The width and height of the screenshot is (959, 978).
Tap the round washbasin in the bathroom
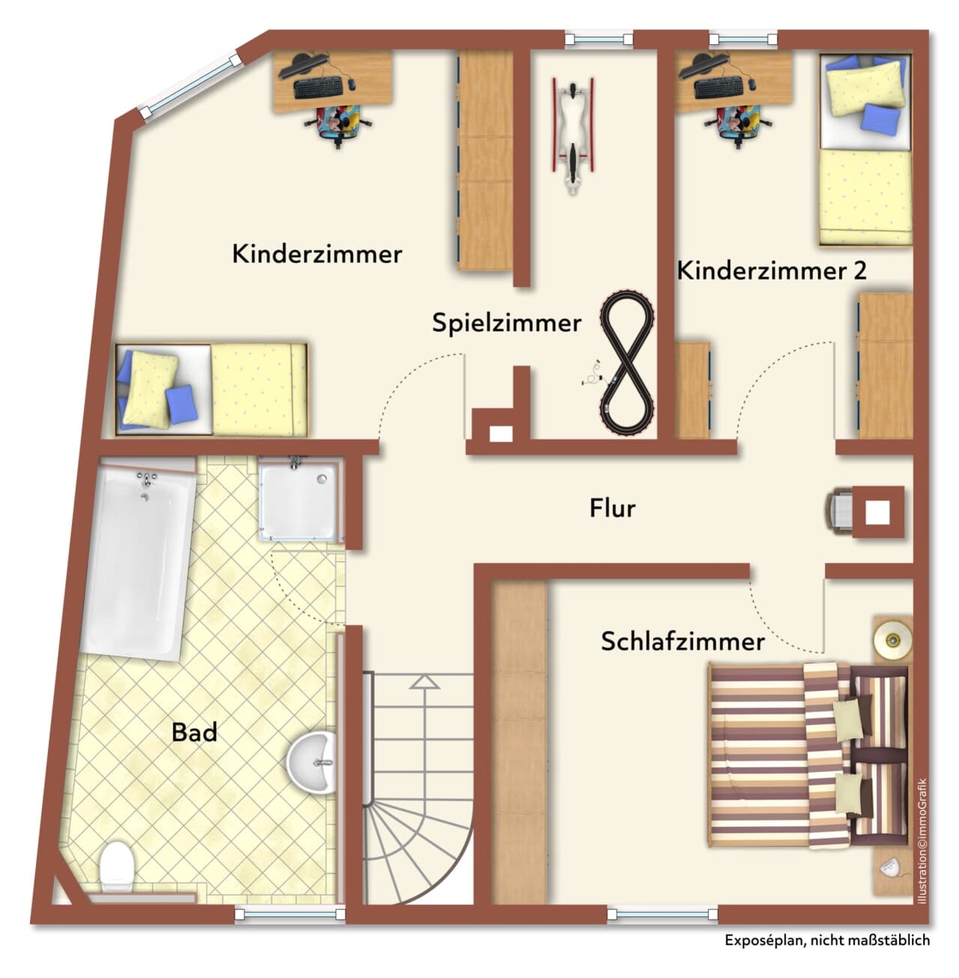pos(312,762)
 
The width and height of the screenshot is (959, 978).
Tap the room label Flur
pos(612,508)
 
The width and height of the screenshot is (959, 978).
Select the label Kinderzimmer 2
pos(771,271)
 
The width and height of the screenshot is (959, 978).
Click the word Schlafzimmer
pos(683,642)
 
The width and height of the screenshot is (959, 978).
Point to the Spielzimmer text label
pos(506,323)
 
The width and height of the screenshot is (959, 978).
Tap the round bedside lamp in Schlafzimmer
pos(892,639)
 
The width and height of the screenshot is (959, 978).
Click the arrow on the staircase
pos(424,682)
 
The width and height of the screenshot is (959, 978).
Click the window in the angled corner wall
pos(190,87)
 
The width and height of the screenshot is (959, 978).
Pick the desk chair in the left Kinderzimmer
pos(338,124)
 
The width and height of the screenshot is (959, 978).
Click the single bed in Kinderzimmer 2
pos(865,150)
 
